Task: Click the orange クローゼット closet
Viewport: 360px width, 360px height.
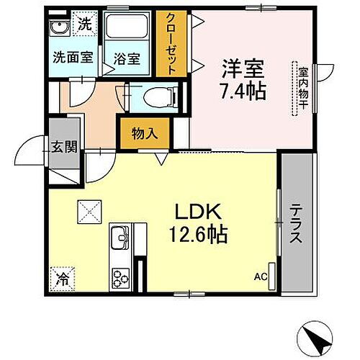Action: [170, 43]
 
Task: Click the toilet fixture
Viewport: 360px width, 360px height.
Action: [158, 96]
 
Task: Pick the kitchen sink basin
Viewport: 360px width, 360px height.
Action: [120, 235]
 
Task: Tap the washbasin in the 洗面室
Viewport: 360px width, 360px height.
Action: [60, 28]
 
